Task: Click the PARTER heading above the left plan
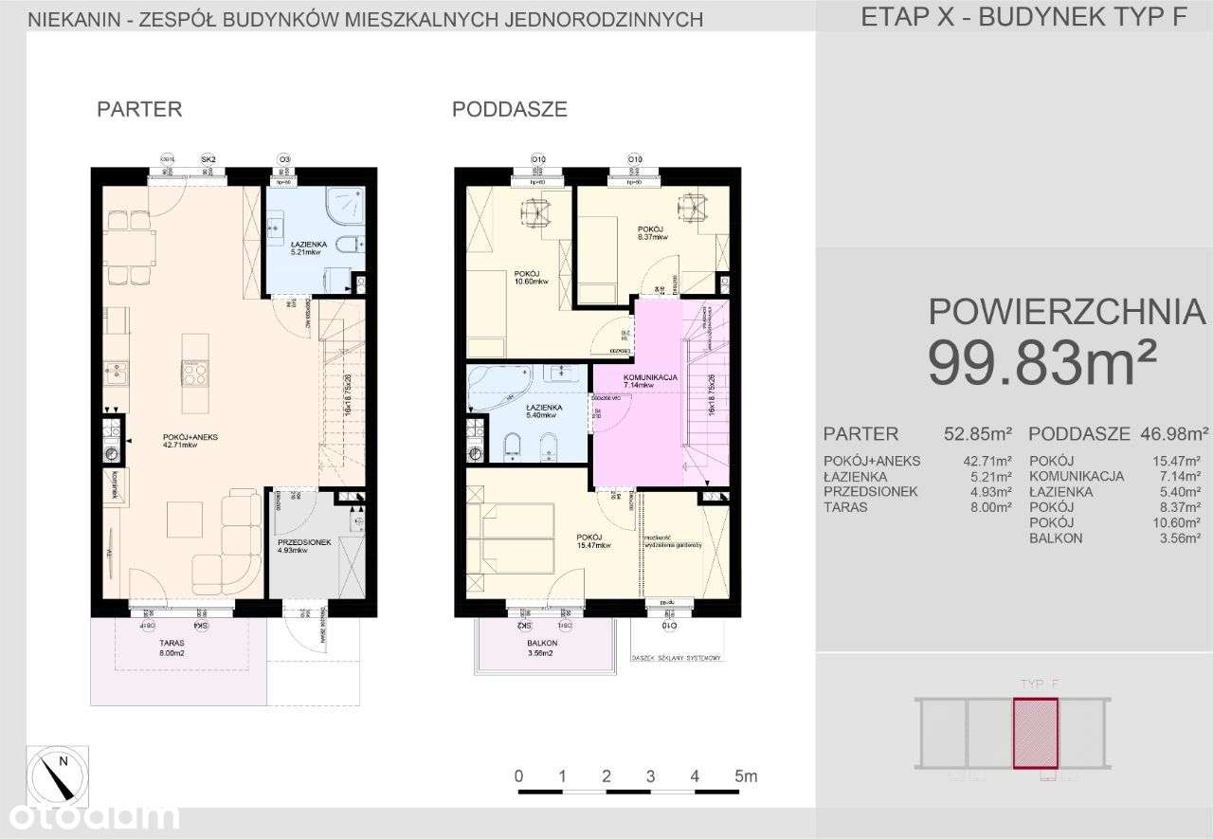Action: coord(139,109)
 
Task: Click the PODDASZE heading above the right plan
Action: coord(510,109)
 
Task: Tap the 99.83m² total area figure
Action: coord(1042,364)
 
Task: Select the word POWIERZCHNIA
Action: coord(1066,311)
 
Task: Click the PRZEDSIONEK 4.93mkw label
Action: coord(303,546)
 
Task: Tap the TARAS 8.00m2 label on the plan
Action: coord(172,647)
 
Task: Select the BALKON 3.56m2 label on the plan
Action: coord(543,647)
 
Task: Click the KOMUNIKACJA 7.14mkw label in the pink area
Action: coord(650,381)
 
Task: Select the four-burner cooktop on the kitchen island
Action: coord(196,374)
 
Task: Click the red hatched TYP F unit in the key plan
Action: coord(1035,732)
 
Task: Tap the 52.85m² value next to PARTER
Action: coord(978,434)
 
